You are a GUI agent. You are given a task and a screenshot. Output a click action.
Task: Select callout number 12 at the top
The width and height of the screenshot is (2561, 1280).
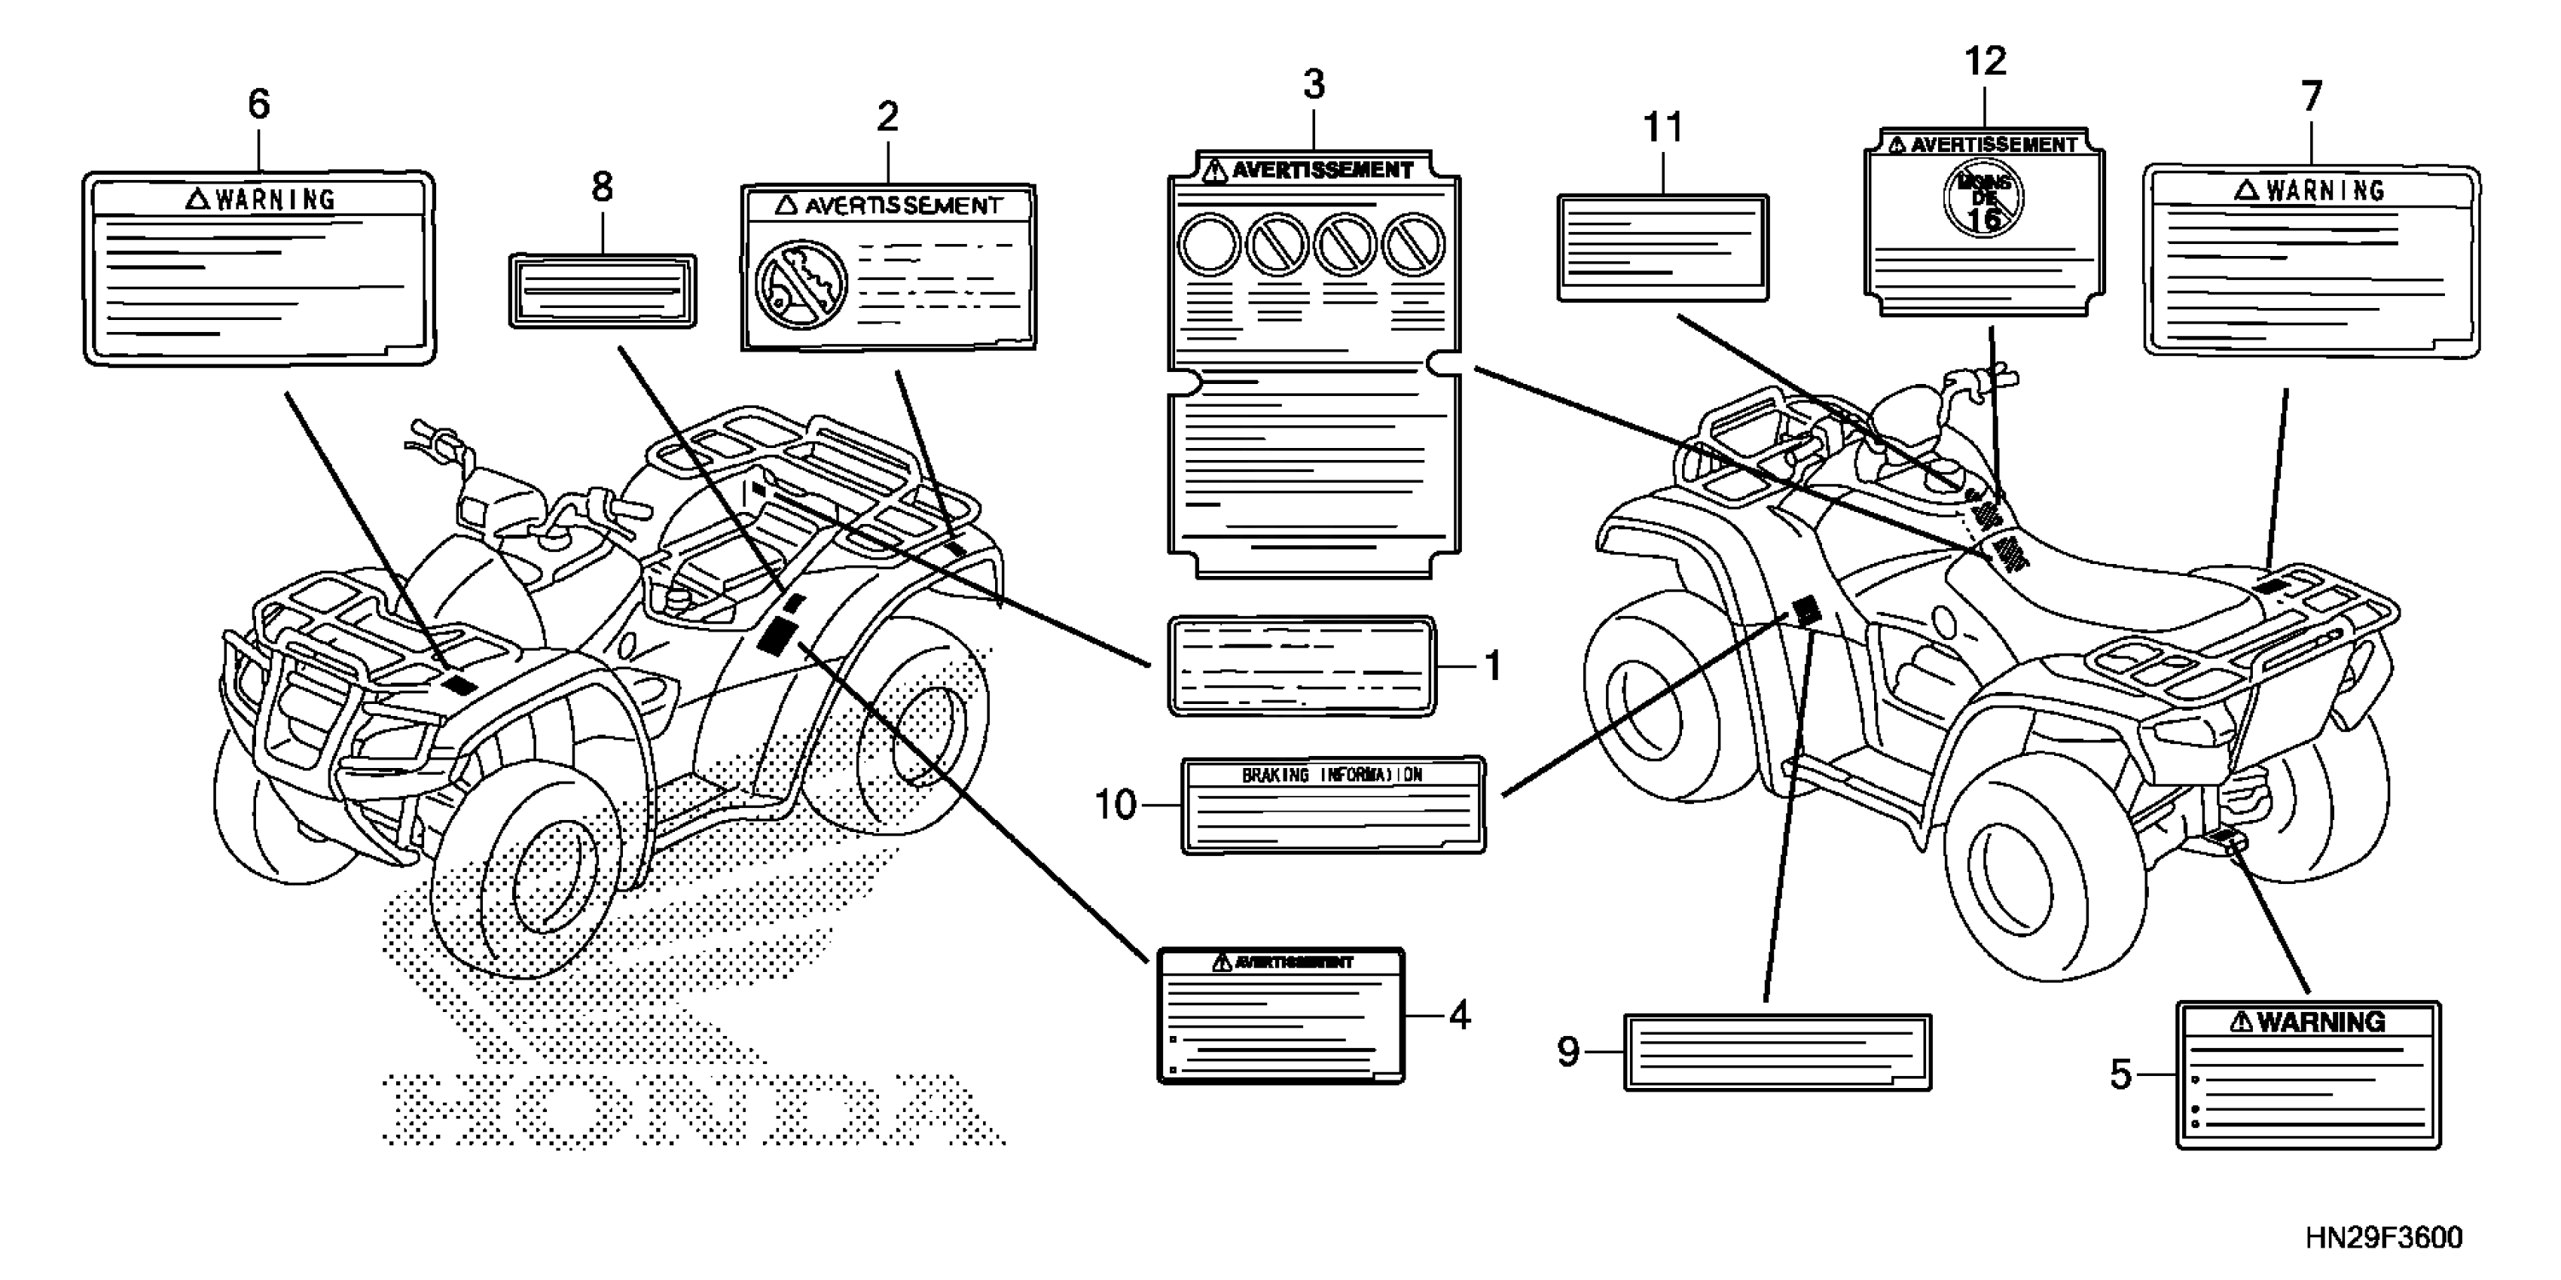tap(1986, 62)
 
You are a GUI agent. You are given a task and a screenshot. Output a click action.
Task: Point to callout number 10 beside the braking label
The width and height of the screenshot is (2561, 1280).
tap(1115, 805)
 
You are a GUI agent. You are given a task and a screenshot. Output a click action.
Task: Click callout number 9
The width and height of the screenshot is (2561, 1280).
tap(1567, 1051)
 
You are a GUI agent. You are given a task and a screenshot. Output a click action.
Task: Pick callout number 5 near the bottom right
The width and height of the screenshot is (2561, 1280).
tap(2120, 1074)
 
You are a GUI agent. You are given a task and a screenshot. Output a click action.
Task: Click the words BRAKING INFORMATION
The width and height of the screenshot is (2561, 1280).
tap(1332, 776)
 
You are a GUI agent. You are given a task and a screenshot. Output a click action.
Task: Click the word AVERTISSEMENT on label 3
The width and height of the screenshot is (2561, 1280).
tap(1322, 170)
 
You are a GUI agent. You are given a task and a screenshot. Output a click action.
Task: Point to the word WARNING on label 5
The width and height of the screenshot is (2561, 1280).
tap(2321, 1022)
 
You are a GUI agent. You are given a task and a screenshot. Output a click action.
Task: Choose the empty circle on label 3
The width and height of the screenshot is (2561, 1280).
tap(1209, 245)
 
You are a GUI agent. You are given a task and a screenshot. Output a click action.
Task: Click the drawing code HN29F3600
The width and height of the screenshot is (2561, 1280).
tap(2384, 1239)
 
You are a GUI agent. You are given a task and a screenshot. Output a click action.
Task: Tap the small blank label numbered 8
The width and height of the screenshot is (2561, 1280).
tap(603, 289)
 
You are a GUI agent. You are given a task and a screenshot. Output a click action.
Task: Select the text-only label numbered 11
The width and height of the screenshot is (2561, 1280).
tap(1662, 248)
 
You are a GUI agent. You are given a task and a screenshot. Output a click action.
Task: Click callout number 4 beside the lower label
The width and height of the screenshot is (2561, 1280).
tap(1458, 1016)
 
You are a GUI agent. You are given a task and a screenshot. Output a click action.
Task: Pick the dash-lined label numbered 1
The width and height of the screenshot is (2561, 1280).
tap(1302, 666)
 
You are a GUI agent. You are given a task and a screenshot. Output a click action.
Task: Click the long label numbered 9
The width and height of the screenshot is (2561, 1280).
tap(1778, 1053)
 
